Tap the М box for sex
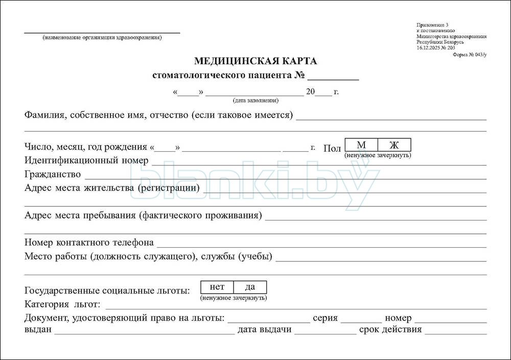click(x=361, y=145)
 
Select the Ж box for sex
click(x=394, y=145)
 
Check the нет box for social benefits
click(x=217, y=287)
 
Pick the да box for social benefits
click(x=250, y=287)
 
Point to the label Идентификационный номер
click(x=86, y=161)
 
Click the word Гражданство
click(x=53, y=174)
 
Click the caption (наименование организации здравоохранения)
click(x=102, y=37)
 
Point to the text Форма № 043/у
click(x=470, y=54)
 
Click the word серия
click(x=325, y=318)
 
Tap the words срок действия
click(x=390, y=329)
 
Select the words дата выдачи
click(x=264, y=329)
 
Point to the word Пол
click(x=332, y=149)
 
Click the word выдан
click(x=38, y=329)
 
